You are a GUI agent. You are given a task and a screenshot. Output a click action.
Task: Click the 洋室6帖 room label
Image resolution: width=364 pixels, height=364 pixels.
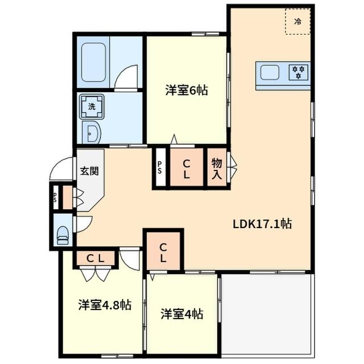tap(186, 90)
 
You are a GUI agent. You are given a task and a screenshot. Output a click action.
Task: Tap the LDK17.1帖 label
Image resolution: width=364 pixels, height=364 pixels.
tap(262, 224)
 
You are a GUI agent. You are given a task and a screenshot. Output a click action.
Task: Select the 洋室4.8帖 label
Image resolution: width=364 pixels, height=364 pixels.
tap(105, 305)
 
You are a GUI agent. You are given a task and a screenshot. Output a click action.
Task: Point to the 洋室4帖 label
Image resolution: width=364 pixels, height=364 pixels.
tap(182, 313)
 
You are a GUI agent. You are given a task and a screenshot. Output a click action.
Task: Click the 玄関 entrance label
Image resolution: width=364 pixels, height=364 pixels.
tap(89, 170)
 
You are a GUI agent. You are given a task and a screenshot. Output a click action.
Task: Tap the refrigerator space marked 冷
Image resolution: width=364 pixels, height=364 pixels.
tap(297, 22)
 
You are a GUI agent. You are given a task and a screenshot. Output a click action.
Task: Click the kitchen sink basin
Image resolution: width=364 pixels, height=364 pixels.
tap(270, 72)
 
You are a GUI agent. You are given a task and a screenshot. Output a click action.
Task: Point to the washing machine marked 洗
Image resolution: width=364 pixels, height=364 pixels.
tap(92, 105)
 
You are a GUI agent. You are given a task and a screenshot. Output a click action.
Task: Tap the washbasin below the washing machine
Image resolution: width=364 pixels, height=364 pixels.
tap(92, 134)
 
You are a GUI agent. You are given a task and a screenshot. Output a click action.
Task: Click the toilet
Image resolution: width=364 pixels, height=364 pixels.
tap(63, 234)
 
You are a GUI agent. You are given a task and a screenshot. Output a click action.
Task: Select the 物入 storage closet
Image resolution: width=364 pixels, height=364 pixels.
tap(217, 169)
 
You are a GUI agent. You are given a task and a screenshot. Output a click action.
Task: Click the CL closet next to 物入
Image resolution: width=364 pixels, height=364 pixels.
tap(186, 169)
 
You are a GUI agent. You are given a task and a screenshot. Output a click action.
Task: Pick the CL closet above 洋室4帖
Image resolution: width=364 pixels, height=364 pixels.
tap(163, 251)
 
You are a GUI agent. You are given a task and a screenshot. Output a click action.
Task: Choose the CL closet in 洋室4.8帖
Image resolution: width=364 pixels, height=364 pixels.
tap(95, 258)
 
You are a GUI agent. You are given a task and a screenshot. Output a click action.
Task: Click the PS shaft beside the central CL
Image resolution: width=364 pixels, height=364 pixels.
tap(160, 169)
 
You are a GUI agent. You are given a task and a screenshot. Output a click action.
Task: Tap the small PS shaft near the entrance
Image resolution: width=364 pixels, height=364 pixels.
tap(55, 197)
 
